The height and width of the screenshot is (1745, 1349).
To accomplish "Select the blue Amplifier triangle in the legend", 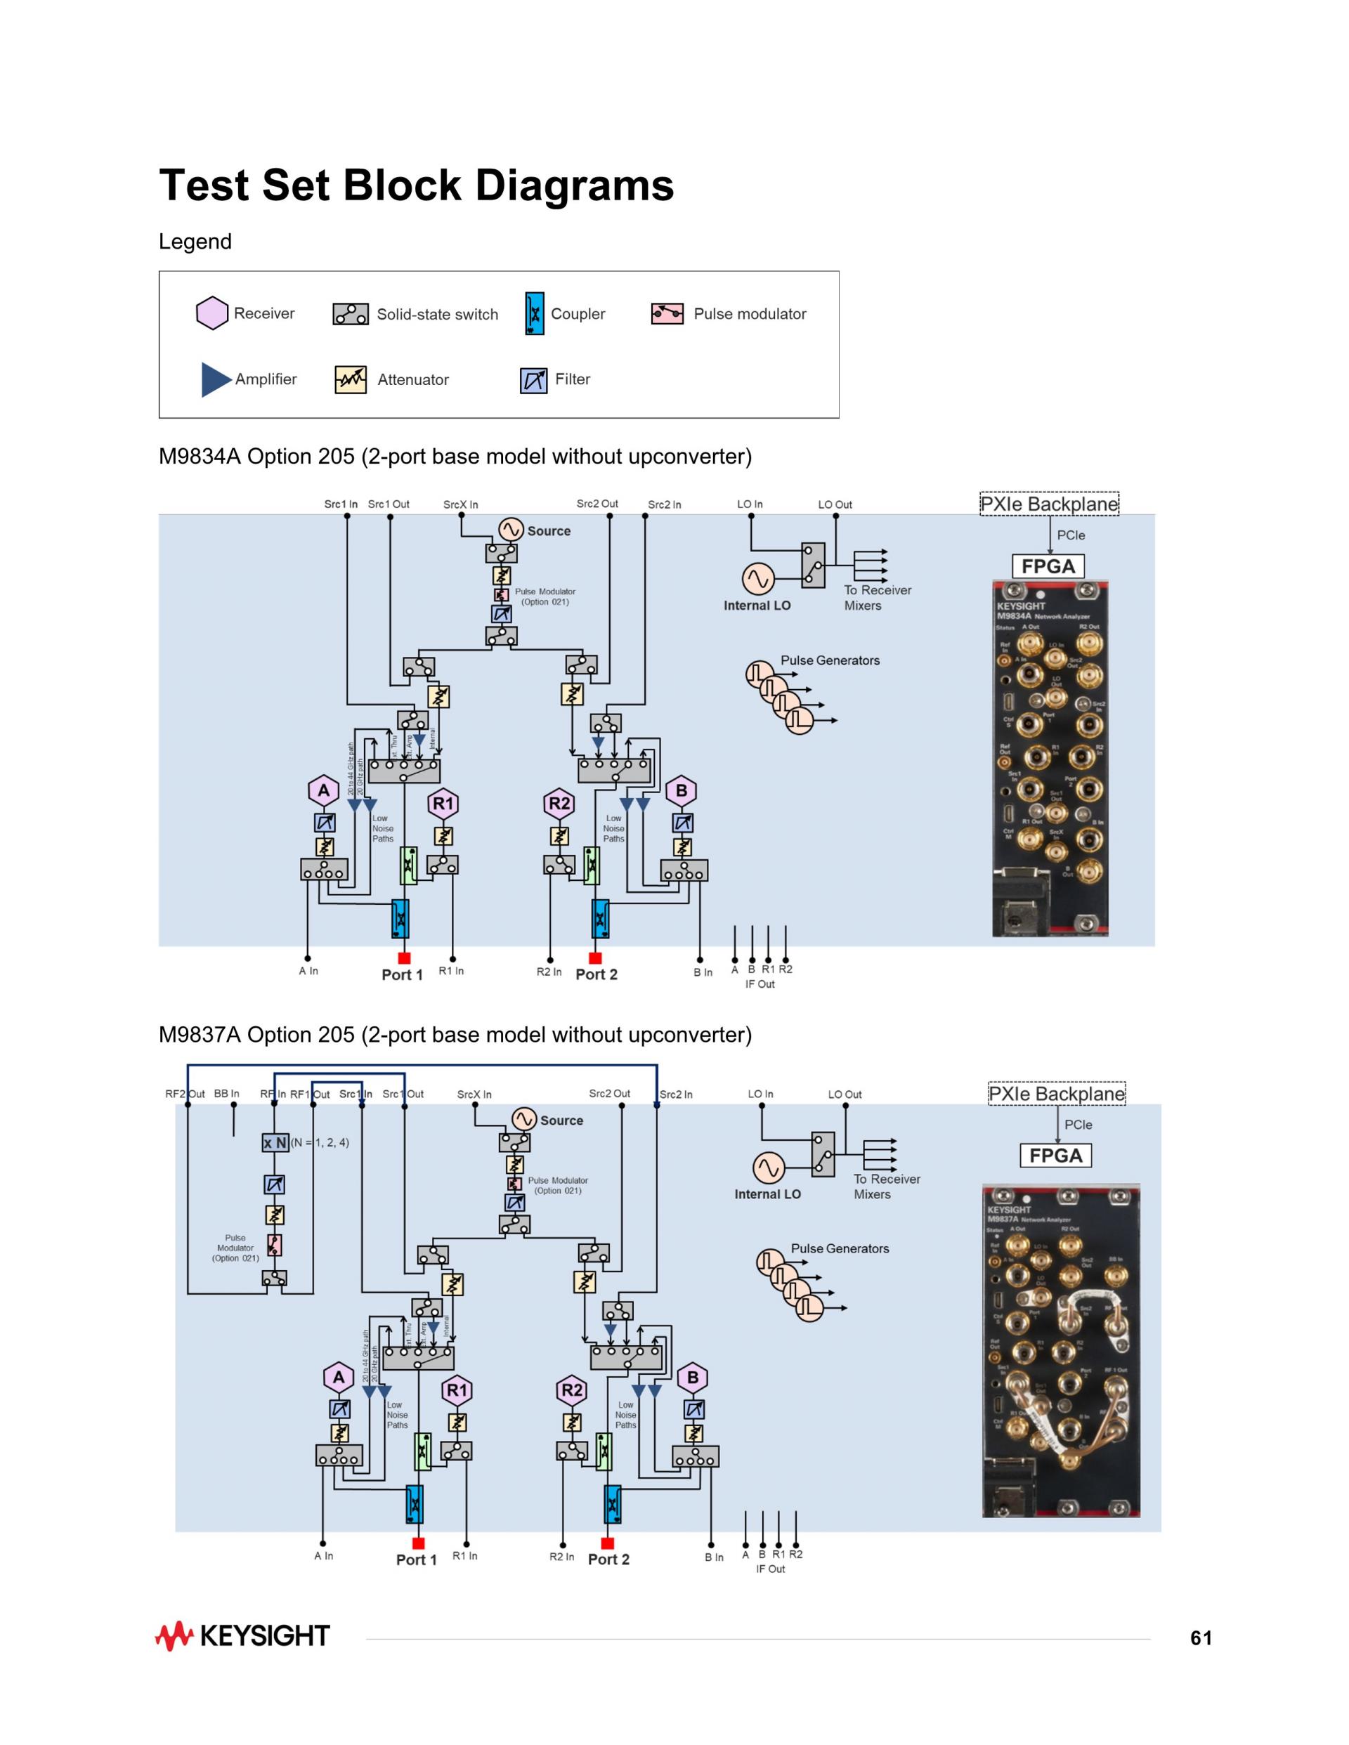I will pyautogui.click(x=215, y=379).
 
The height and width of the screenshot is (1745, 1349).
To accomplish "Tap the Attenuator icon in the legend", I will pyautogui.click(x=350, y=379).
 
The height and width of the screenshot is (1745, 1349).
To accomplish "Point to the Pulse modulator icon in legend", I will pyautogui.click(x=667, y=313).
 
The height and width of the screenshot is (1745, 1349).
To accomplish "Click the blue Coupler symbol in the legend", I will pyautogui.click(x=535, y=313).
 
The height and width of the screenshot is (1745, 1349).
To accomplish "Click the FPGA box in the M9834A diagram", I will pyautogui.click(x=1048, y=566).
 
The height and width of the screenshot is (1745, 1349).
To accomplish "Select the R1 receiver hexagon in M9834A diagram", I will pyautogui.click(x=443, y=804).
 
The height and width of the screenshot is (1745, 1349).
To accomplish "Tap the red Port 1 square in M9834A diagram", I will pyautogui.click(x=405, y=958).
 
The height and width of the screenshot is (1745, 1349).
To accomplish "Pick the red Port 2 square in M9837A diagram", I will pyautogui.click(x=607, y=1543).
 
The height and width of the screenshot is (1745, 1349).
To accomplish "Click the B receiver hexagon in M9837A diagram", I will pyautogui.click(x=693, y=1378).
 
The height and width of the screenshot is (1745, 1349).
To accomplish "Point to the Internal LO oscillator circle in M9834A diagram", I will pyautogui.click(x=757, y=578).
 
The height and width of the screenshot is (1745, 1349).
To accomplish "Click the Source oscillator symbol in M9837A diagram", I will pyautogui.click(x=524, y=1119).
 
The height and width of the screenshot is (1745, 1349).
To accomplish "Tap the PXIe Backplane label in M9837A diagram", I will pyautogui.click(x=1057, y=1094).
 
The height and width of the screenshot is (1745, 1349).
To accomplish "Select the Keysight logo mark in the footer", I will pyautogui.click(x=174, y=1636).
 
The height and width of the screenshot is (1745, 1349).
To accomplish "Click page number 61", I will pyautogui.click(x=1200, y=1639).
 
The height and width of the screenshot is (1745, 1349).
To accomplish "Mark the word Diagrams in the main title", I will pyautogui.click(x=575, y=185).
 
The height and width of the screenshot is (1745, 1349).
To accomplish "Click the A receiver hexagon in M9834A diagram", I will pyautogui.click(x=324, y=791).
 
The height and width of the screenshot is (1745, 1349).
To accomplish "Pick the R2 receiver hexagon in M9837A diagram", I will pyautogui.click(x=572, y=1390).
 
